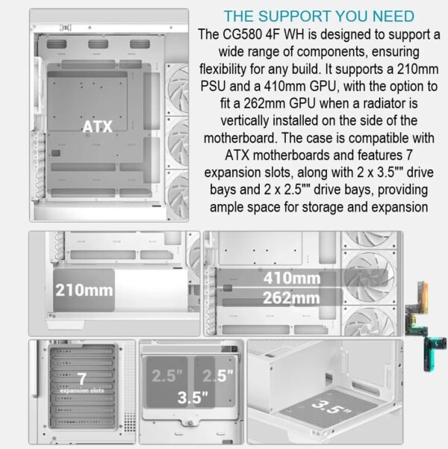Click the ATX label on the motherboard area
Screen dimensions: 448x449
point(97,126)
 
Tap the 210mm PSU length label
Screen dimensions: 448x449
point(84,290)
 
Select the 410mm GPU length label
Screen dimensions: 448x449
point(292,278)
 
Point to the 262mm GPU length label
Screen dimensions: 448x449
point(291,298)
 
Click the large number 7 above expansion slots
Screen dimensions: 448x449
point(82,379)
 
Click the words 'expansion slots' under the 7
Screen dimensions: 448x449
point(82,391)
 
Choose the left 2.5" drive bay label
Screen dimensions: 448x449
point(167,376)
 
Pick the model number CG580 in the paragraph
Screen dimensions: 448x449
point(242,34)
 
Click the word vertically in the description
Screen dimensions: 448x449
point(244,121)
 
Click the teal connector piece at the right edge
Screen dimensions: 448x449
point(434,353)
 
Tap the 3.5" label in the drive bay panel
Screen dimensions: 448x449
point(193,397)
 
